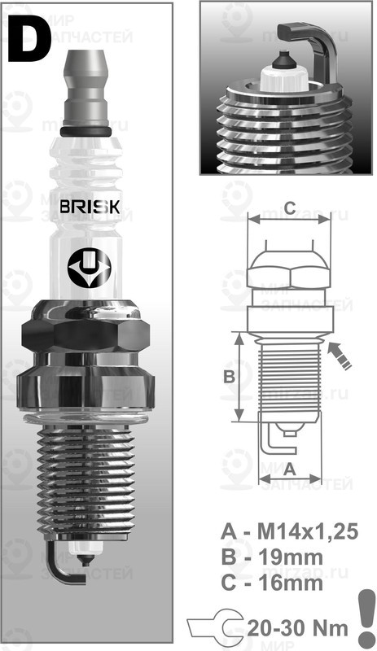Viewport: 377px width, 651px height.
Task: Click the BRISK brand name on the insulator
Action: pyautogui.click(x=90, y=206)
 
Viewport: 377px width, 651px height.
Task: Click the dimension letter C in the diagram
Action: pyautogui.click(x=289, y=204)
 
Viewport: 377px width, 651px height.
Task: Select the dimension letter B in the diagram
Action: pyautogui.click(x=229, y=376)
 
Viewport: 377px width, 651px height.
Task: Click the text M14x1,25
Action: pyautogui.click(x=309, y=534)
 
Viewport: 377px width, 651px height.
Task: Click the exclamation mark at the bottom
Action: pyautogui.click(x=362, y=618)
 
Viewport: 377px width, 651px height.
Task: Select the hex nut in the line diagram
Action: pyautogui.click(x=289, y=268)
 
